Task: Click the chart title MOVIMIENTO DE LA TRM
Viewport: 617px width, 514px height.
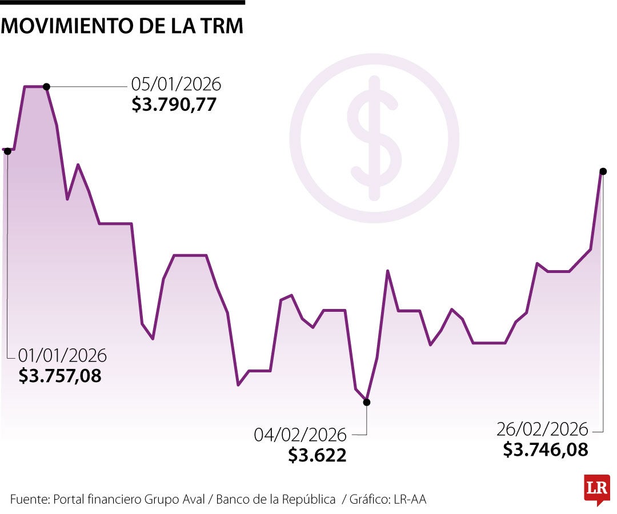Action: click(122, 26)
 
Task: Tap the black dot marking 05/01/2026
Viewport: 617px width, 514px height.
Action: click(46, 87)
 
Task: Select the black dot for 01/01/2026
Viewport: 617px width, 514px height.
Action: click(7, 151)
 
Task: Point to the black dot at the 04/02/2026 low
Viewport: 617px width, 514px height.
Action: click(367, 402)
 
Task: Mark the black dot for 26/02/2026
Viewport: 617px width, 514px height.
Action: click(603, 171)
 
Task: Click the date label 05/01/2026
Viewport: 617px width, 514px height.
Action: click(176, 85)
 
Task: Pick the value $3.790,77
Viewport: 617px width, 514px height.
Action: click(174, 105)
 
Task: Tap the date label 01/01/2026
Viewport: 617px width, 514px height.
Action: click(62, 355)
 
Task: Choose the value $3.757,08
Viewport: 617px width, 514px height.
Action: click(60, 376)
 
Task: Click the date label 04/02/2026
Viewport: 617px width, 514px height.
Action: click(300, 435)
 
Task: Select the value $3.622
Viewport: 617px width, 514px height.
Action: click(317, 455)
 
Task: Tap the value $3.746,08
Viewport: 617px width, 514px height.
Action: click(546, 449)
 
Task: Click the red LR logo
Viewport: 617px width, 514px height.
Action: click(596, 489)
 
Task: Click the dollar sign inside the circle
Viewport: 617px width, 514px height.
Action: click(374, 139)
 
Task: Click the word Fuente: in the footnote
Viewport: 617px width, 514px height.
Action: click(30, 499)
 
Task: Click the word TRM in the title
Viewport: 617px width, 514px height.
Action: click(222, 26)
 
